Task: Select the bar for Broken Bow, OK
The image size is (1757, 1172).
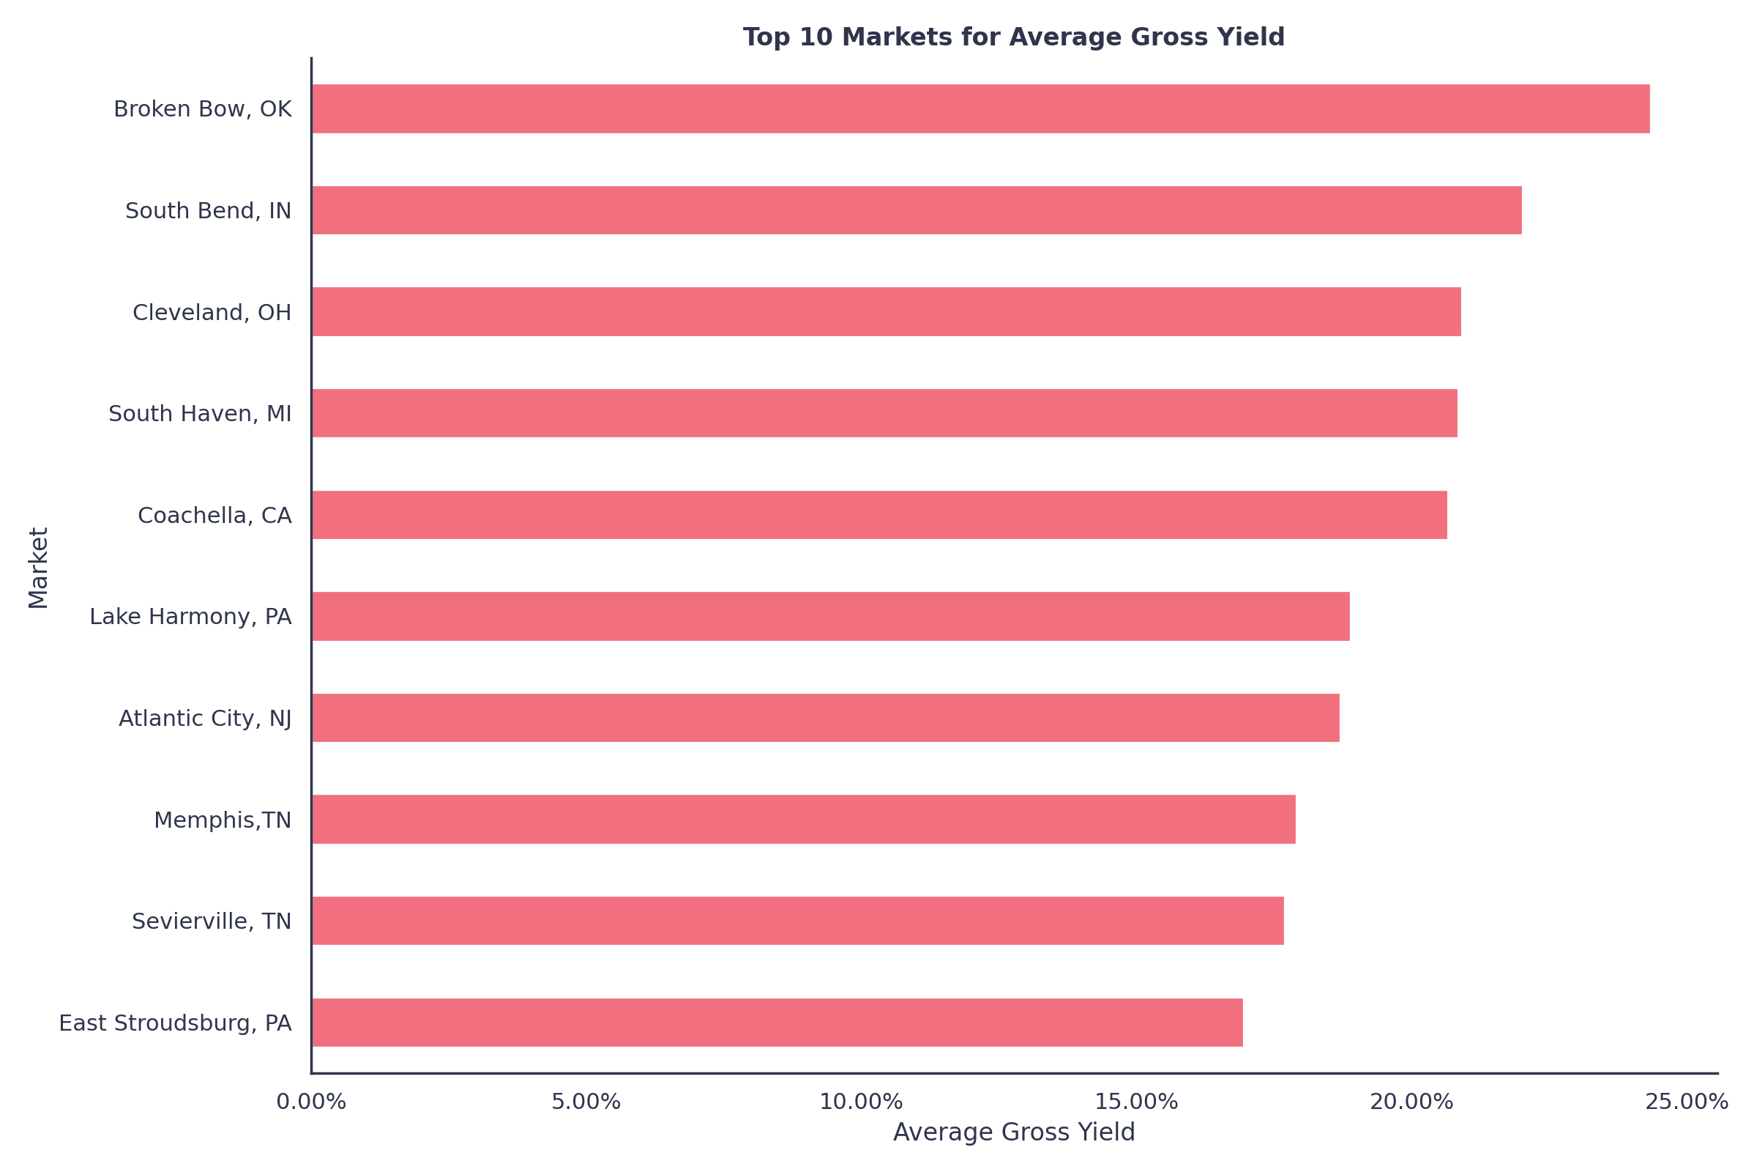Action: click(980, 109)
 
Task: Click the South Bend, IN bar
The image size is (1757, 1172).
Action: click(916, 211)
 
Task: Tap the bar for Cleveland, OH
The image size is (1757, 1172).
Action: click(886, 312)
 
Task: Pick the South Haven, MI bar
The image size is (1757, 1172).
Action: click(884, 413)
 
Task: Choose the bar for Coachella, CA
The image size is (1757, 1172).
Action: click(879, 515)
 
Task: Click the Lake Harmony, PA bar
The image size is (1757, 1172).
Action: click(830, 617)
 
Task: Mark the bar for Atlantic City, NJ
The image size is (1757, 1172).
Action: click(825, 719)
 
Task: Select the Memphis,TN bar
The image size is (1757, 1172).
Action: click(803, 820)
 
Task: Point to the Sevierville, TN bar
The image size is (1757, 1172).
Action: click(797, 921)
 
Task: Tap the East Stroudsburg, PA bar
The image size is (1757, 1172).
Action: click(777, 1023)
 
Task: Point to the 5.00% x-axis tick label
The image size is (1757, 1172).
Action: click(586, 1102)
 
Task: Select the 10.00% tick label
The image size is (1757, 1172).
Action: click(861, 1102)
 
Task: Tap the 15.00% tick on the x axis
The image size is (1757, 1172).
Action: click(1135, 1102)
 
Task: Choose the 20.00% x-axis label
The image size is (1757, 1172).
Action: click(1411, 1102)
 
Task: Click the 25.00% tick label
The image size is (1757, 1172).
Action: click(1686, 1102)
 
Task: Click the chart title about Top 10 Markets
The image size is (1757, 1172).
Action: click(1013, 37)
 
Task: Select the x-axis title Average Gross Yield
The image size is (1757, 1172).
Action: click(1013, 1132)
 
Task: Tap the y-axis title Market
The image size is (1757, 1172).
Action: click(39, 568)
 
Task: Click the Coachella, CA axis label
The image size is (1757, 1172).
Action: click(215, 516)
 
